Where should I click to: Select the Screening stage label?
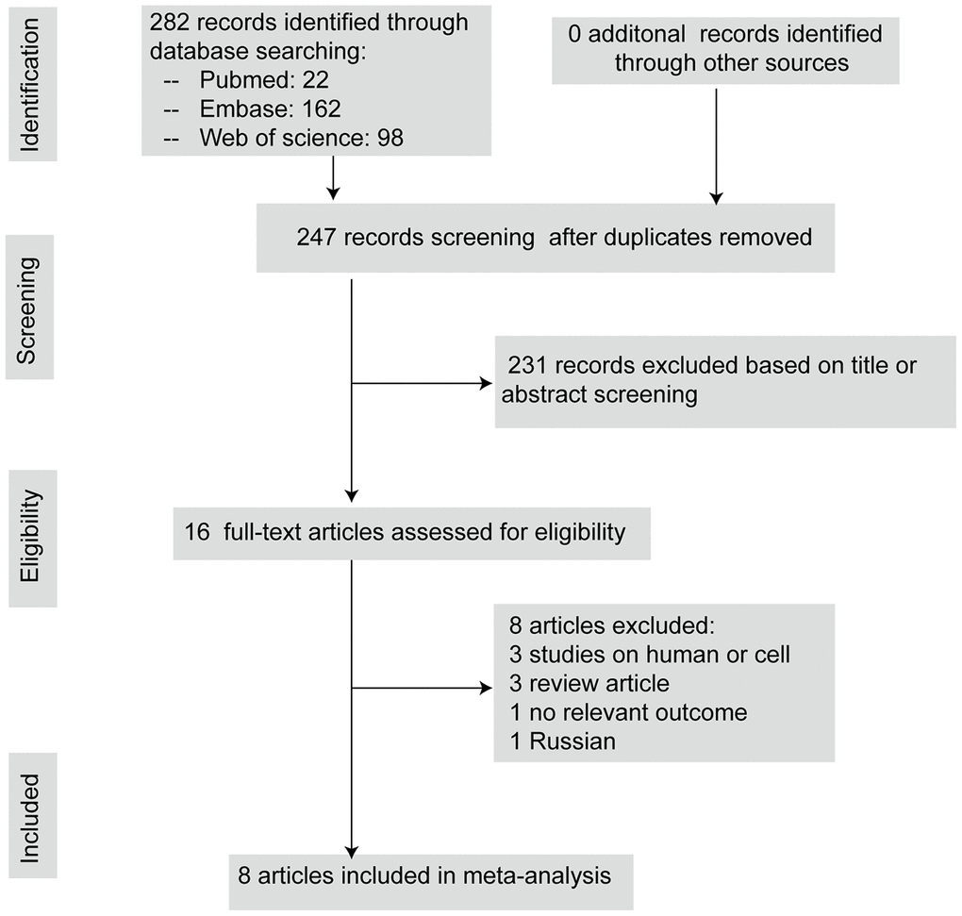[x=29, y=307]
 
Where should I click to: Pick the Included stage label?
[x=31, y=816]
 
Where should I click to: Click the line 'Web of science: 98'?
[x=301, y=138]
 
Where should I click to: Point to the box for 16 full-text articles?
[x=411, y=533]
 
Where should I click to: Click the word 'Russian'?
[x=572, y=741]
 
